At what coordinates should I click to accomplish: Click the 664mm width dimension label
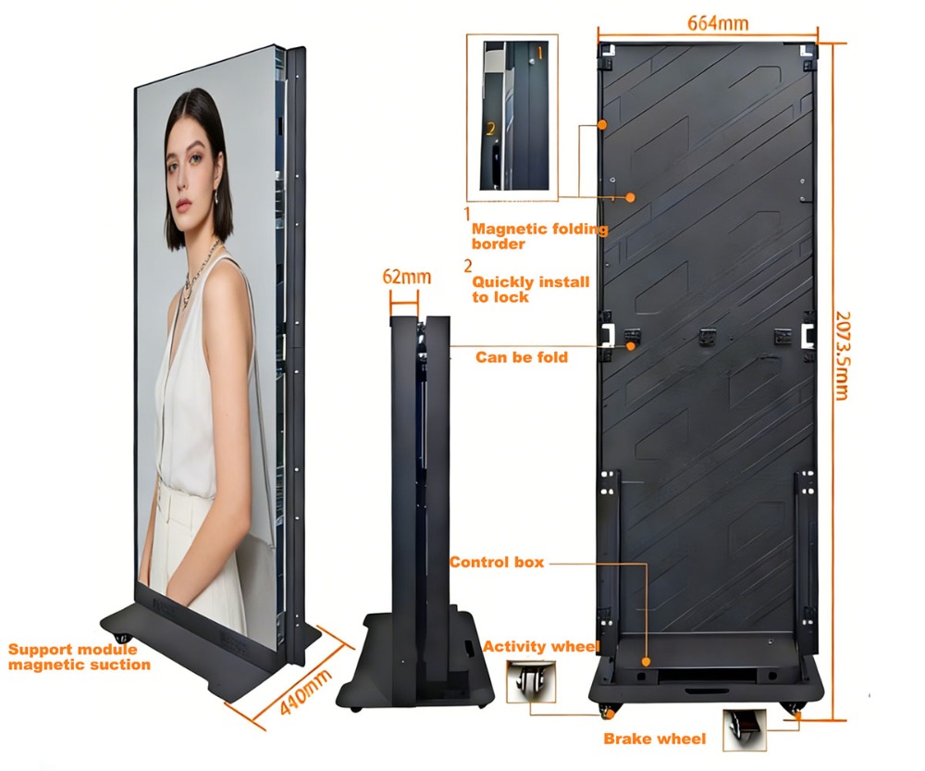coord(718,23)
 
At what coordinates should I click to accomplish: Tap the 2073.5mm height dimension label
coord(843,355)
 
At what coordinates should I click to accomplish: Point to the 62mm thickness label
coord(406,277)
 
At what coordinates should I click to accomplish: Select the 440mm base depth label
coord(304,692)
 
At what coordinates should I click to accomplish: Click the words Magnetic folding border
coord(539,236)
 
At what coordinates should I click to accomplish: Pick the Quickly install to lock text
coord(530,290)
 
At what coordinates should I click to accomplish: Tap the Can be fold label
coord(522,357)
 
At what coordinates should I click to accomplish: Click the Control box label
coord(497,562)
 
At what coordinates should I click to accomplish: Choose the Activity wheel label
coord(540,646)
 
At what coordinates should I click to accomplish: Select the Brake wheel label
coord(654,739)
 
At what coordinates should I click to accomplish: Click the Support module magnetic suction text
coord(79,657)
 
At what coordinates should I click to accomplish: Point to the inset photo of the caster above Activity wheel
coord(531,681)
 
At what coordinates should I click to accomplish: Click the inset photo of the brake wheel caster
coord(745,729)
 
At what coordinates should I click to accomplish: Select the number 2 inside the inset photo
coord(490,129)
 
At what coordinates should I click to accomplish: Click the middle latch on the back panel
coord(708,337)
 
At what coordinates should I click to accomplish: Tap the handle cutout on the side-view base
coord(470,648)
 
